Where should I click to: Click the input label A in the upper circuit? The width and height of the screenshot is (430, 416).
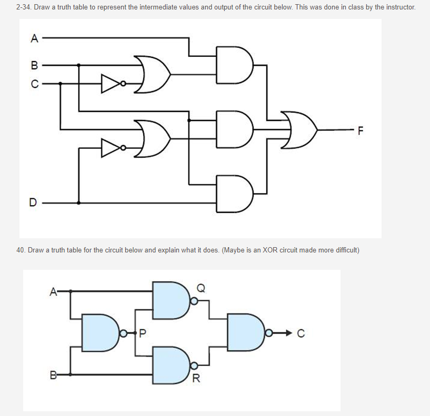[35, 38]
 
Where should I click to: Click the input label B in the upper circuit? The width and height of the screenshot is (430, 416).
[35, 66]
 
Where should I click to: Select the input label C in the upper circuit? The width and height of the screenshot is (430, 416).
[35, 83]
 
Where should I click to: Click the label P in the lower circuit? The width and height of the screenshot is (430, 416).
[143, 332]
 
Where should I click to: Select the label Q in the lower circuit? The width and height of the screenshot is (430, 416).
[201, 287]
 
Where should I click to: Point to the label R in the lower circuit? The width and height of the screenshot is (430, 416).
[196, 378]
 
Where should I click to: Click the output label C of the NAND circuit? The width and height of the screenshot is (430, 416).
[301, 332]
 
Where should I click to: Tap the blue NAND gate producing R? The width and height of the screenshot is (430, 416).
[171, 365]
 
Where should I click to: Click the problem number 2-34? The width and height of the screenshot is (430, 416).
[24, 8]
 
